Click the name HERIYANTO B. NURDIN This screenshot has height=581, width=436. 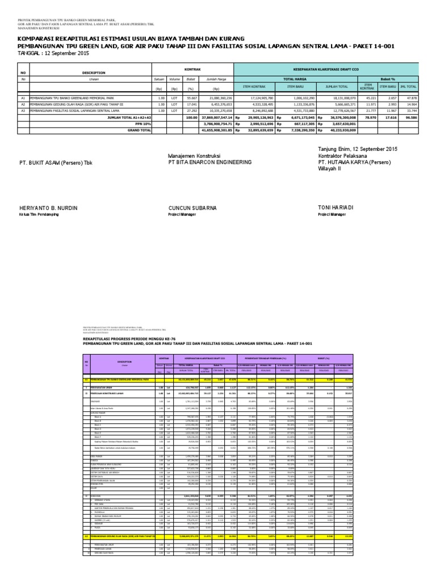(x=48, y=209)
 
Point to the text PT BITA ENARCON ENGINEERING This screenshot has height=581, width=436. (x=209, y=162)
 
